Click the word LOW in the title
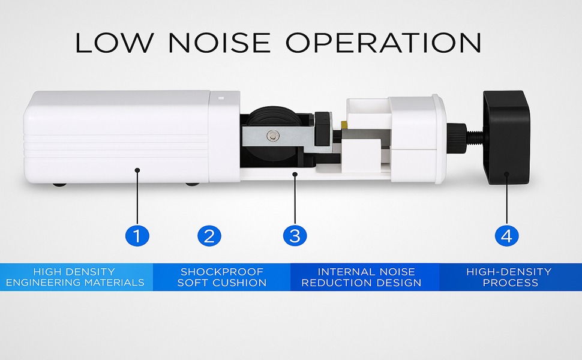point(114,42)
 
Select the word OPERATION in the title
point(383,42)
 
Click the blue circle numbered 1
point(137,235)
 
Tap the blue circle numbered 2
point(209,235)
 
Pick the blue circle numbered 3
point(295,235)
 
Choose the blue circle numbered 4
point(507,235)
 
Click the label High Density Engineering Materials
point(76,277)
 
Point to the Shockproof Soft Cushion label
point(221,277)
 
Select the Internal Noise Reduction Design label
point(365,277)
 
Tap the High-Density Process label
point(509,277)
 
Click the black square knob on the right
point(507,138)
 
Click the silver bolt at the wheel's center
point(274,136)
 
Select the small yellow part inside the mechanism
point(344,124)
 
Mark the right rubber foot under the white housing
point(191,183)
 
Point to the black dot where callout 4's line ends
point(507,175)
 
